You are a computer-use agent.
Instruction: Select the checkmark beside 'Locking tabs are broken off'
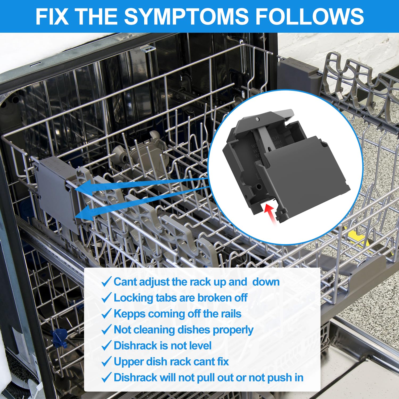click(106, 298)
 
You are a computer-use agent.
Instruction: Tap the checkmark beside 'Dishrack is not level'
click(106, 346)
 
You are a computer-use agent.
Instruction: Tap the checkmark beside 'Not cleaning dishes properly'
click(106, 330)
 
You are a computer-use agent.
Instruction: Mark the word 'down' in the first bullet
click(266, 282)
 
